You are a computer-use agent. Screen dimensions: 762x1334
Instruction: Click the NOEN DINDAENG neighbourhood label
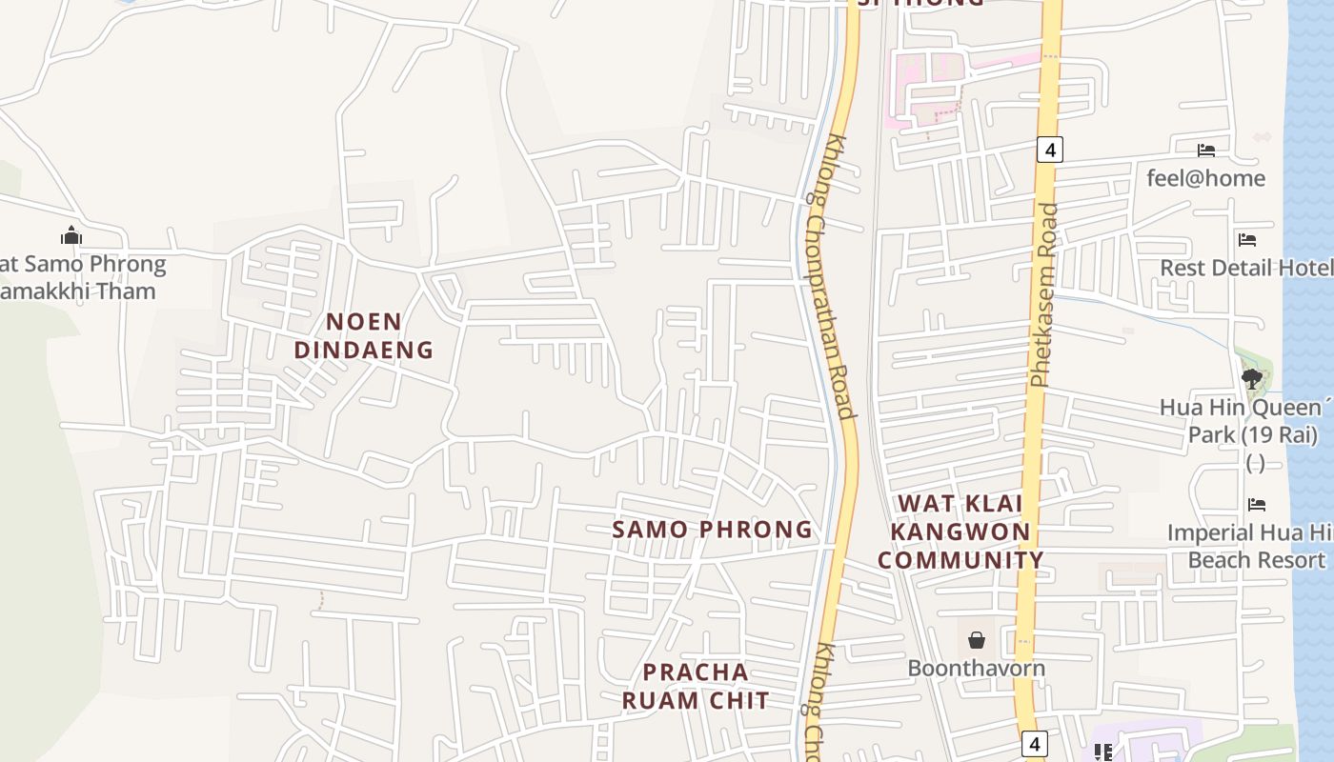(x=363, y=335)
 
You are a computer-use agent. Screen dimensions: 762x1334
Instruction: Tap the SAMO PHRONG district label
(x=712, y=529)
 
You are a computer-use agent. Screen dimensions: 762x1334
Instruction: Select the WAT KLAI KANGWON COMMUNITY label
(x=960, y=531)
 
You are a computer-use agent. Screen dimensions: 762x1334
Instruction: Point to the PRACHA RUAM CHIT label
(x=696, y=686)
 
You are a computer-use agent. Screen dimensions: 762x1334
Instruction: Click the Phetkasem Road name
(x=1044, y=294)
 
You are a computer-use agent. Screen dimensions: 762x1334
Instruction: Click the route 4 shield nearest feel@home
(x=1049, y=150)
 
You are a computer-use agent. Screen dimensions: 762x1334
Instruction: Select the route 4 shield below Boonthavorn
(x=1033, y=743)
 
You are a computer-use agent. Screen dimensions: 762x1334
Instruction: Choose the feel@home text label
(x=1205, y=178)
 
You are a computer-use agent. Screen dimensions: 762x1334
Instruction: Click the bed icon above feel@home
(x=1205, y=150)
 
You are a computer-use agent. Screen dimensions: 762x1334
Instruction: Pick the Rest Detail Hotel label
(x=1245, y=268)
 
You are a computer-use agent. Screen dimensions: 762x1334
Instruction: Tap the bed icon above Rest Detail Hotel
(x=1246, y=239)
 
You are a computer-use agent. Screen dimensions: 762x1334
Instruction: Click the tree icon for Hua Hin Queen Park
(x=1252, y=379)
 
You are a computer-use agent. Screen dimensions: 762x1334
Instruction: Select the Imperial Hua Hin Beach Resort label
(x=1249, y=546)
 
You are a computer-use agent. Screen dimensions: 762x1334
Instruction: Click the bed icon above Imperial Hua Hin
(x=1257, y=504)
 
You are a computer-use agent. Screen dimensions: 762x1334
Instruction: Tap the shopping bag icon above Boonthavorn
(x=977, y=639)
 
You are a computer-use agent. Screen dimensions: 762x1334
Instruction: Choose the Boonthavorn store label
(x=976, y=668)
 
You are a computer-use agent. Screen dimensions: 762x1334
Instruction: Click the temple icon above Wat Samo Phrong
(x=71, y=235)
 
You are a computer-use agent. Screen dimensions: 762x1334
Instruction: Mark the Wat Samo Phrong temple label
(x=81, y=277)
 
